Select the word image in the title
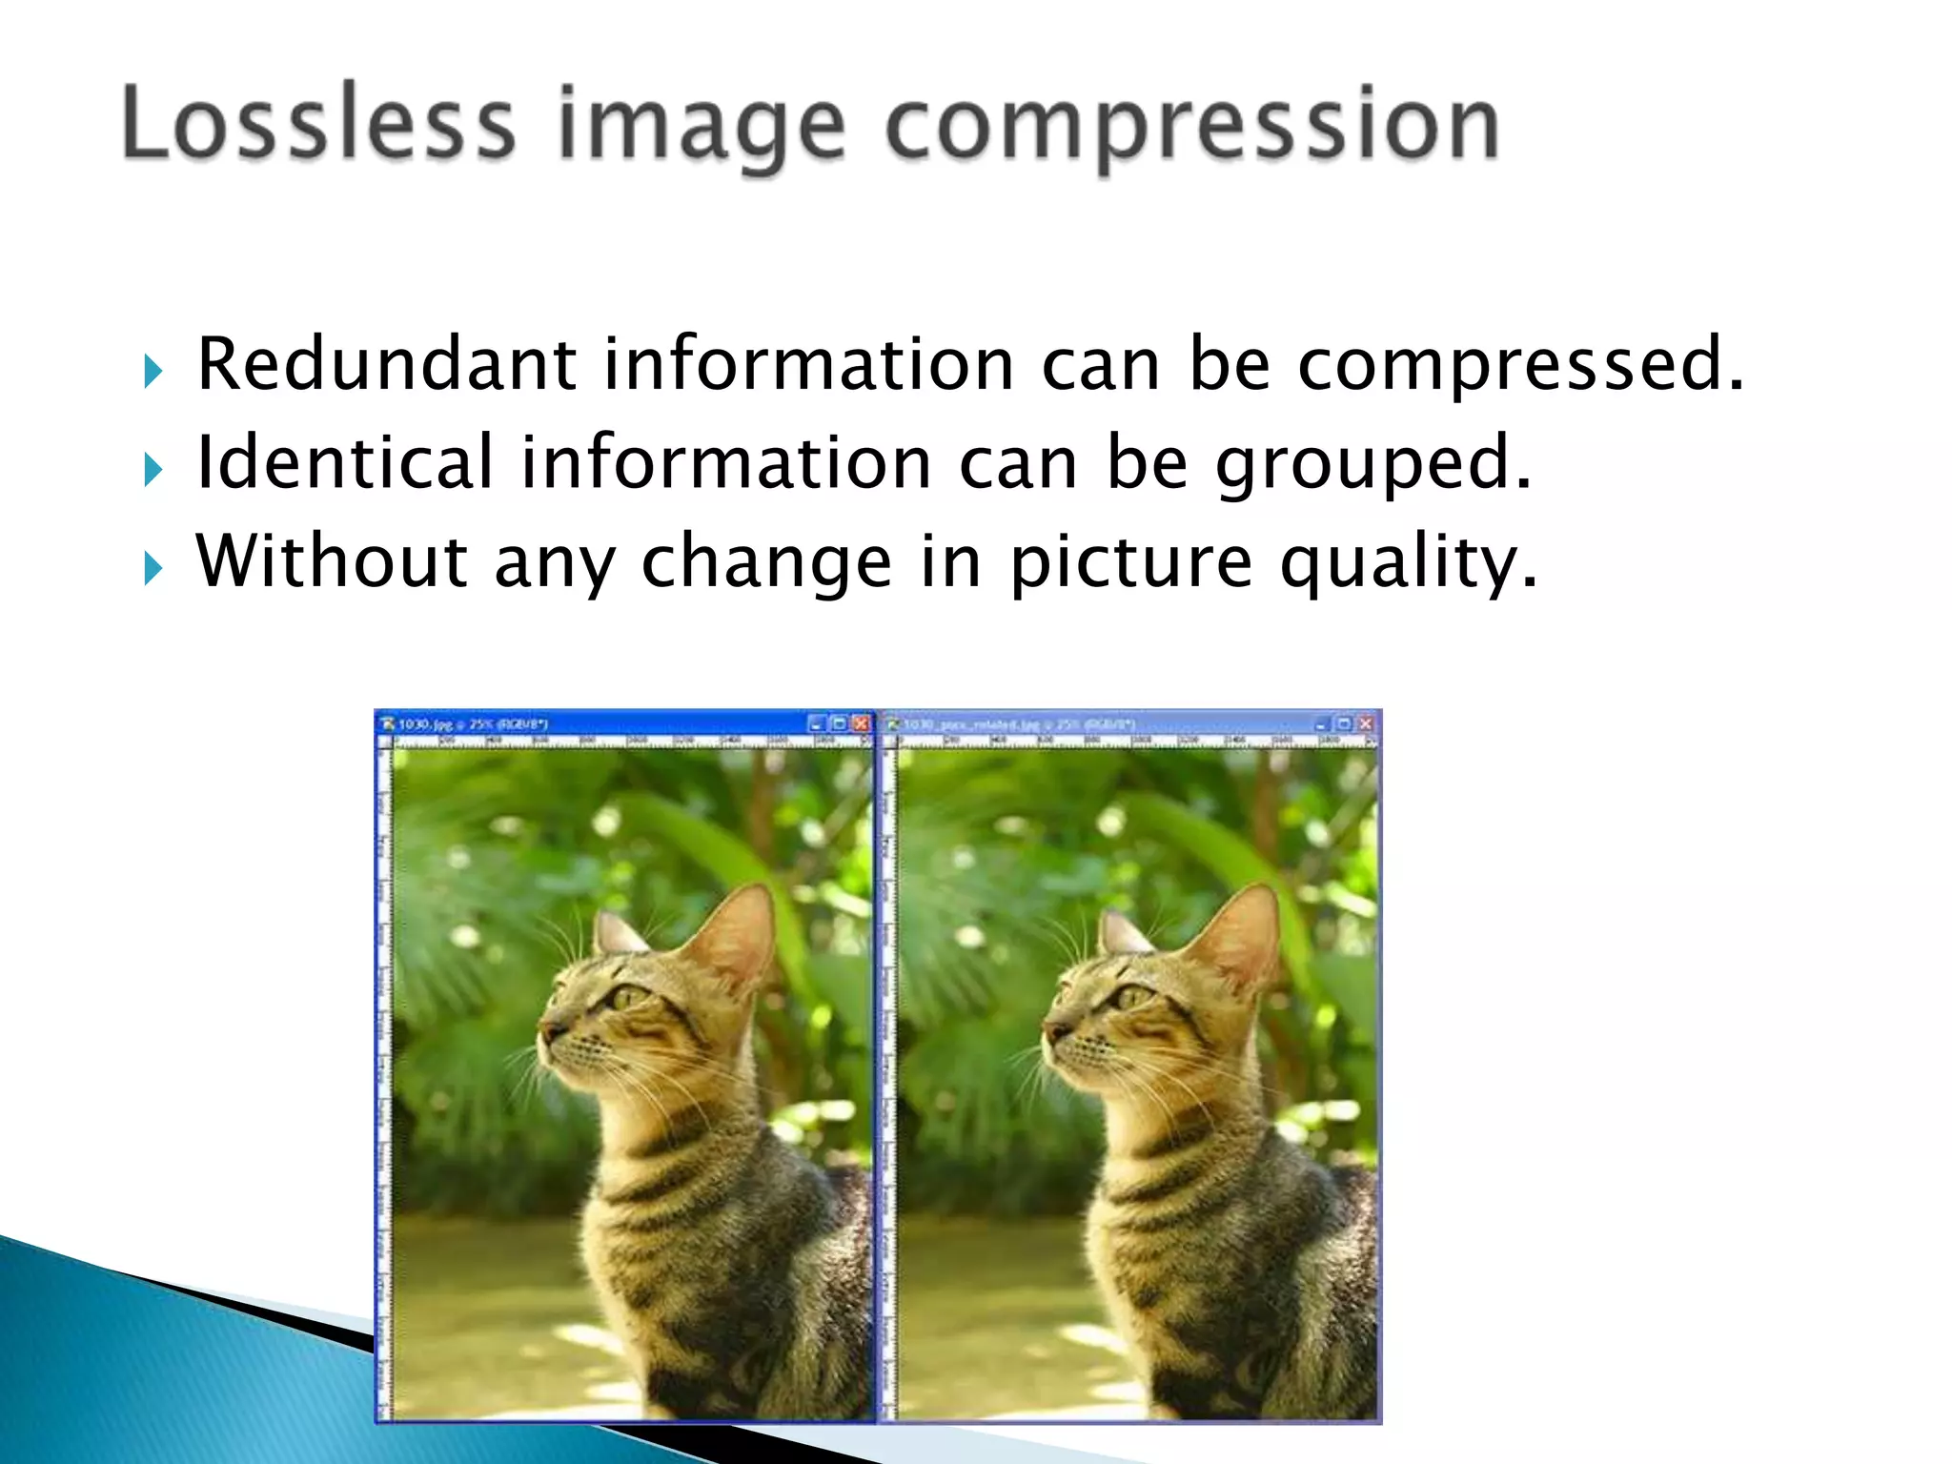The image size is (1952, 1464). [x=701, y=129]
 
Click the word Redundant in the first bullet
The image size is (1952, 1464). [x=386, y=364]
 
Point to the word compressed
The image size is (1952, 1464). [x=1520, y=367]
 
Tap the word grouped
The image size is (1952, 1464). [x=1372, y=466]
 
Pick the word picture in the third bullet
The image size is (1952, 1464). [x=1130, y=564]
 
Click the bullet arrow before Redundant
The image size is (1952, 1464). [x=152, y=371]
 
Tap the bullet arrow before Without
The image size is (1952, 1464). [x=152, y=568]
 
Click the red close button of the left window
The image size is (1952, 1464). [x=861, y=723]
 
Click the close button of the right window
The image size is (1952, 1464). [x=1366, y=724]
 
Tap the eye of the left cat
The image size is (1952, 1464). [x=628, y=998]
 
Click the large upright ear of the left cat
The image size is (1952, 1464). [x=739, y=929]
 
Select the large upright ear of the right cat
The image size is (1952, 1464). [x=1244, y=929]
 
